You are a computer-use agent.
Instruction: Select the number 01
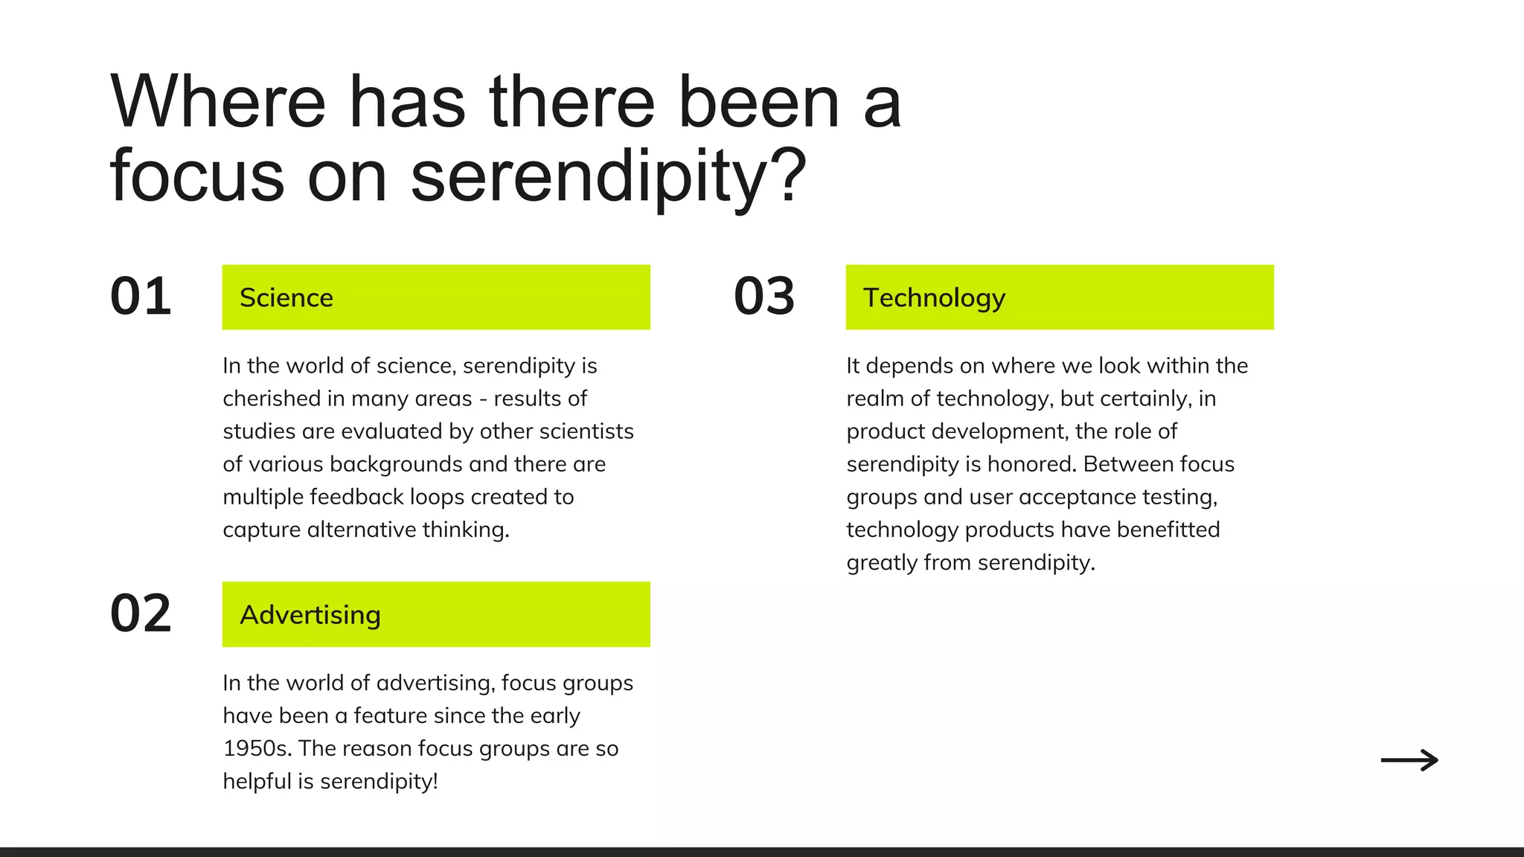click(x=141, y=297)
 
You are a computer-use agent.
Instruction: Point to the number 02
click(x=141, y=614)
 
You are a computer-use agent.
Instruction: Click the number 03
click(x=764, y=297)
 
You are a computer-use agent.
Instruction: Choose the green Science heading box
click(x=436, y=297)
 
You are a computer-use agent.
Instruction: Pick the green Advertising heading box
click(x=436, y=614)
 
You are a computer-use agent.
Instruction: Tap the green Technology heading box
click(x=1060, y=297)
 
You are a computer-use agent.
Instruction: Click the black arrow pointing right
click(x=1409, y=760)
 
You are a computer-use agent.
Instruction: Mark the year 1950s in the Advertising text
click(x=255, y=748)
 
